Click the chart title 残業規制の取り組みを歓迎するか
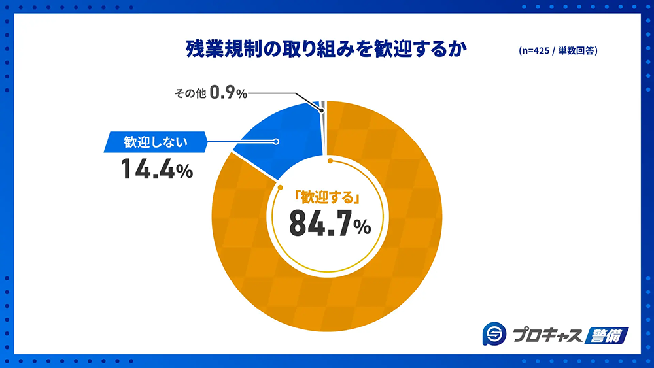(327, 50)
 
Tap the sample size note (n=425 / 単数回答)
(557, 51)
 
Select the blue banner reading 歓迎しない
(156, 141)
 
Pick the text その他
(189, 94)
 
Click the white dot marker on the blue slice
(275, 141)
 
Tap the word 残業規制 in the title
(211, 50)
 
